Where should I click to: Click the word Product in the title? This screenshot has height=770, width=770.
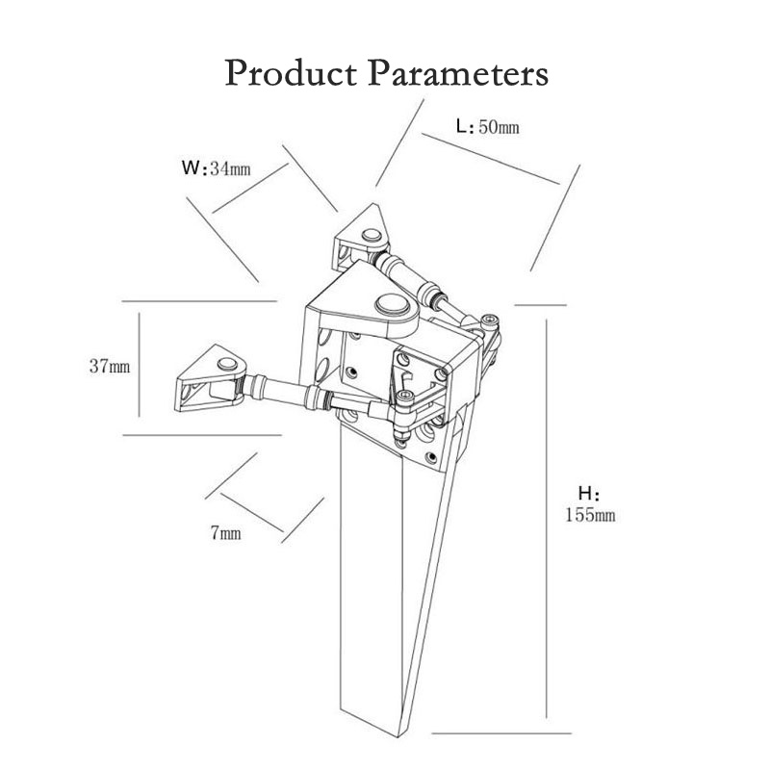coord(291,73)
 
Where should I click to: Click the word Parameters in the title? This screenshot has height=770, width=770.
coord(458,73)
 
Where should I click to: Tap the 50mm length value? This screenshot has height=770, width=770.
coord(499,127)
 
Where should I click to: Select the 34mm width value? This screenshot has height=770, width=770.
coord(230,169)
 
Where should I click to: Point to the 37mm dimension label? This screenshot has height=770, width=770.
coord(110,366)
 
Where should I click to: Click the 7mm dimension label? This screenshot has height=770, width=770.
coord(226,533)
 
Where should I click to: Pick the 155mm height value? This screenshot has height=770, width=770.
coord(590,515)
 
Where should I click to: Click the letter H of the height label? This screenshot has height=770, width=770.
coord(585,493)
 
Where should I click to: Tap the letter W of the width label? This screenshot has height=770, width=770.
coord(190,167)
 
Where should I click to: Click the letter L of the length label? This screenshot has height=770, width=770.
coord(462,127)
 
